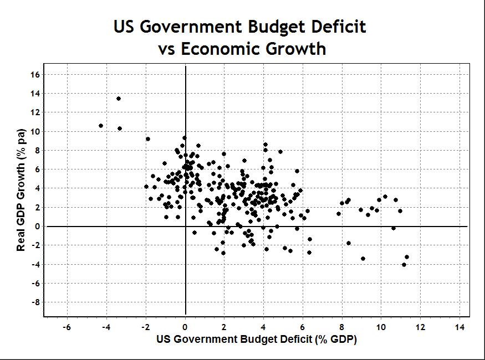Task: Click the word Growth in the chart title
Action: point(294,49)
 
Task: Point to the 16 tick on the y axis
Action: point(34,74)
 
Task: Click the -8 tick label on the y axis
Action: point(33,302)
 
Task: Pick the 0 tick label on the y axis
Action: point(35,226)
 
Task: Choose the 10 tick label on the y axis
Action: point(34,131)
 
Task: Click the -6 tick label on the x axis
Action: point(66,327)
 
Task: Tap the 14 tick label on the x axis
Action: point(460,327)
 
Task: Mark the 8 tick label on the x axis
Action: point(341,327)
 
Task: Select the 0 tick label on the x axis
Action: point(185,327)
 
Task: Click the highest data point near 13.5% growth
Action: point(119,99)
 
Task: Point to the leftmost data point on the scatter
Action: point(101,126)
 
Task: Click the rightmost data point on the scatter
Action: point(407,257)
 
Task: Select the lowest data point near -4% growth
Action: point(404,265)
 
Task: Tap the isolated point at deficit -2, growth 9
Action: point(148,139)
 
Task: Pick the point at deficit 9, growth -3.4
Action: point(363,259)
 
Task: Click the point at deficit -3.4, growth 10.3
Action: point(120,128)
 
